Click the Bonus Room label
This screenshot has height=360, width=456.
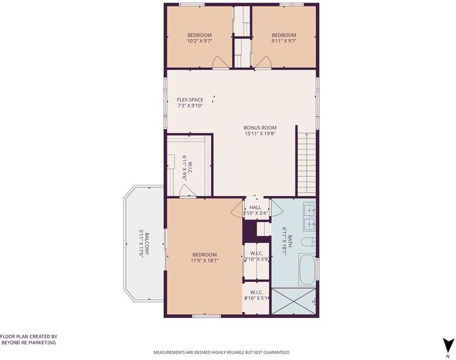click(260, 128)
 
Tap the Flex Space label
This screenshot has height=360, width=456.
click(190, 100)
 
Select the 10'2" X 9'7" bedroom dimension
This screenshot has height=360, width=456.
click(199, 41)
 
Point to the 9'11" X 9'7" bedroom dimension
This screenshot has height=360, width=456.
click(284, 41)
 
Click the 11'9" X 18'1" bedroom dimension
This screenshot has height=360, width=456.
click(205, 260)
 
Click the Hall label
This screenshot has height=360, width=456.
click(256, 208)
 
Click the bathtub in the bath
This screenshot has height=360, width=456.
click(307, 271)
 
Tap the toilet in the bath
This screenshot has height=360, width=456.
click(308, 242)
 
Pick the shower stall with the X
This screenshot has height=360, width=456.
click(293, 301)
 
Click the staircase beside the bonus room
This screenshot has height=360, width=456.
click(307, 163)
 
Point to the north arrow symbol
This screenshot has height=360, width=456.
click(449, 346)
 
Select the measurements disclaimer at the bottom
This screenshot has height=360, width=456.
click(221, 352)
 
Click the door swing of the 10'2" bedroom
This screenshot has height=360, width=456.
click(218, 62)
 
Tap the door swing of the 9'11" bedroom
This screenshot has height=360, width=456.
click(265, 62)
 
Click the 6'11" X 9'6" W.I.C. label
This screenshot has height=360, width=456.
click(188, 168)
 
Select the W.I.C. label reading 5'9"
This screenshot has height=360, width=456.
click(257, 255)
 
